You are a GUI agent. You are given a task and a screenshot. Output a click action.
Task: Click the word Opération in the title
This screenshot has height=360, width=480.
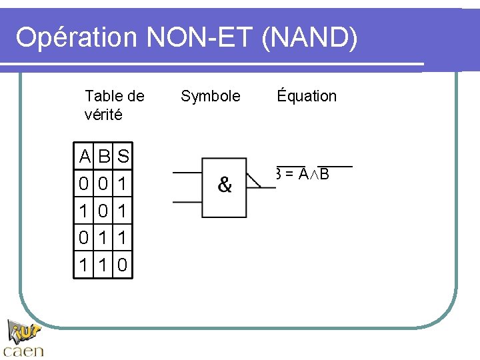pyautogui.click(x=75, y=38)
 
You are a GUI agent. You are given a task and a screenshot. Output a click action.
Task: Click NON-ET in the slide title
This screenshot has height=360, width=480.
pyautogui.click(x=199, y=38)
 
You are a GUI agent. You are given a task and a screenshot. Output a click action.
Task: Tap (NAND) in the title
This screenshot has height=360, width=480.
pyautogui.click(x=311, y=38)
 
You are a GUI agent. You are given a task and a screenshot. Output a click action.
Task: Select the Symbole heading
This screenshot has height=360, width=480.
pyautogui.click(x=211, y=96)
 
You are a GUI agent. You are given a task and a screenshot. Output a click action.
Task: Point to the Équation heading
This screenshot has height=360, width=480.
pyautogui.click(x=307, y=96)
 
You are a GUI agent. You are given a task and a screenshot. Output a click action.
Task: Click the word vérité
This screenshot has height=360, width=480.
pyautogui.click(x=103, y=115)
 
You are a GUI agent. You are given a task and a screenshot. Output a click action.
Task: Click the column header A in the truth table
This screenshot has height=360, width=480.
pyautogui.click(x=85, y=158)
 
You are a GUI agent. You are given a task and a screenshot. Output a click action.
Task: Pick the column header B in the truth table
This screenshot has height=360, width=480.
pyautogui.click(x=104, y=158)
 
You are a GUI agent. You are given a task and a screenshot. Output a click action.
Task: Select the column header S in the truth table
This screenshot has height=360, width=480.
pyautogui.click(x=123, y=158)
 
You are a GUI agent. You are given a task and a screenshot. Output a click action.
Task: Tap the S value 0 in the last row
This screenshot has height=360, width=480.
pyautogui.click(x=123, y=265)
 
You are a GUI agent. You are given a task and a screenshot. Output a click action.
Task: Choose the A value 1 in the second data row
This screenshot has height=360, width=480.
pyautogui.click(x=85, y=211)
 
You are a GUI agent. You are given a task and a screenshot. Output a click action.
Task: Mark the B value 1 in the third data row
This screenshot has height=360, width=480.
pyautogui.click(x=104, y=238)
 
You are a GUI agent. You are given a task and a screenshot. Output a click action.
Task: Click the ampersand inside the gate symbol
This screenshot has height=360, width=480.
pyautogui.click(x=225, y=185)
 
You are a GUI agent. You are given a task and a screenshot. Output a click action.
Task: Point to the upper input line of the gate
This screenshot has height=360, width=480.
pyautogui.click(x=187, y=172)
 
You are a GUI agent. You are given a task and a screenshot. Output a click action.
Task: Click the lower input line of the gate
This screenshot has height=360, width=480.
pyautogui.click(x=187, y=201)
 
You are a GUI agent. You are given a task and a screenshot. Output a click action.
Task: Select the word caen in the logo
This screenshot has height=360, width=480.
pyautogui.click(x=24, y=349)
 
